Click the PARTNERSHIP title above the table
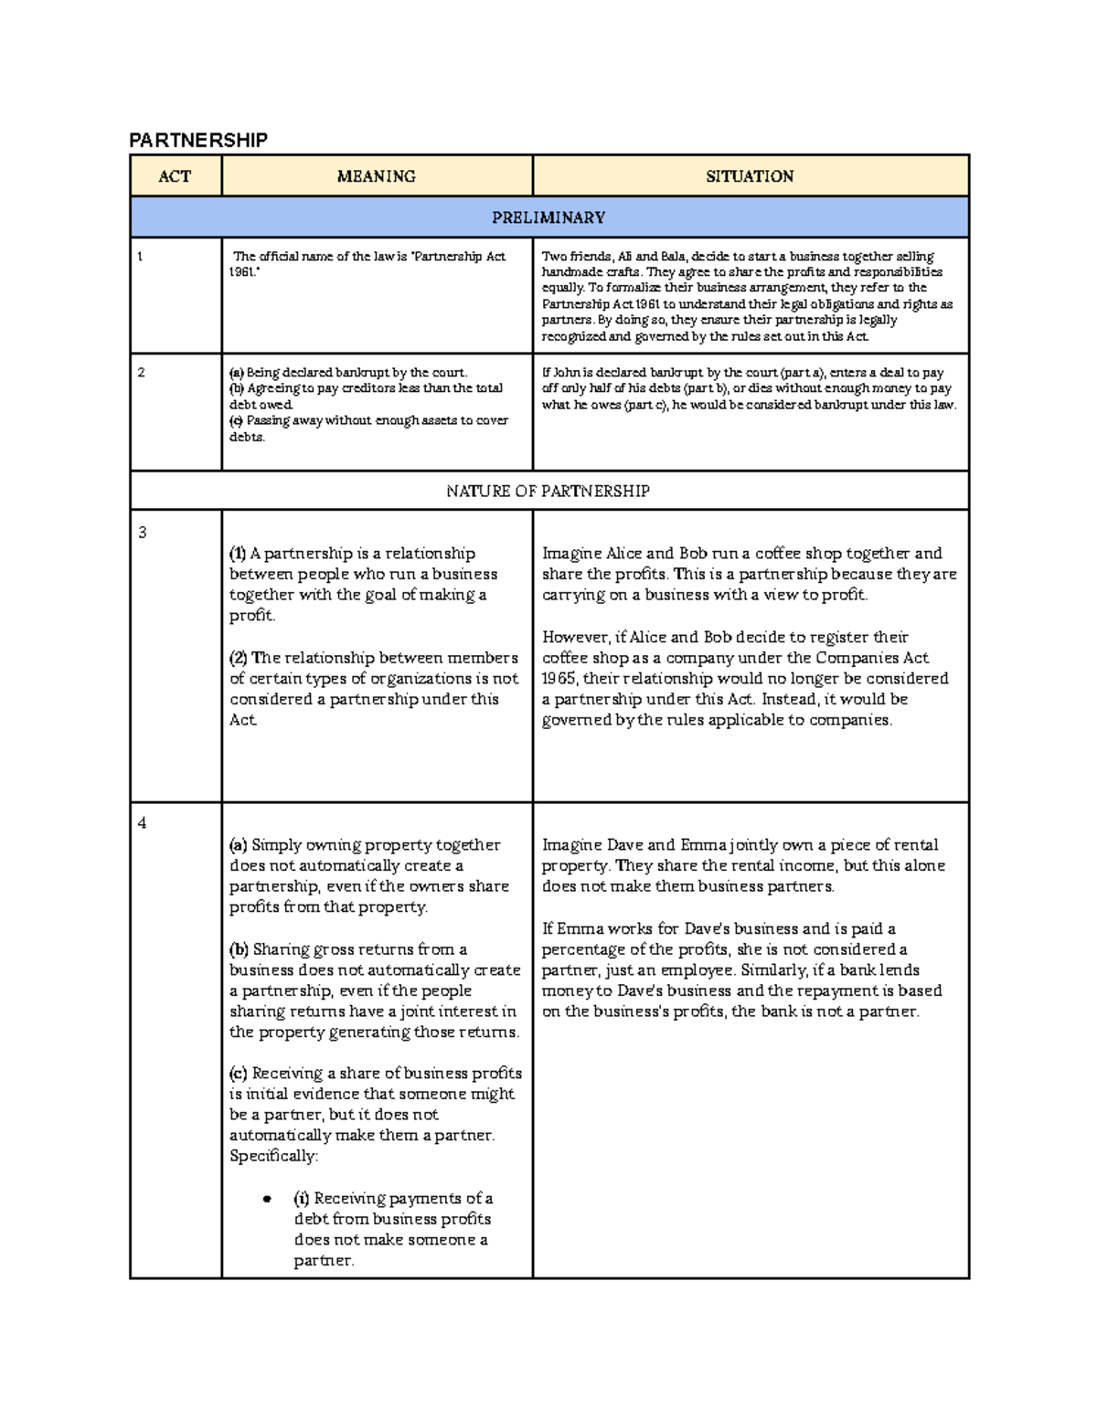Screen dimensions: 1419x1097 (x=198, y=140)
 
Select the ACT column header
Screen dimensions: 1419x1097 (x=175, y=176)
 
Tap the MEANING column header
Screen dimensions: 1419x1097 (x=376, y=176)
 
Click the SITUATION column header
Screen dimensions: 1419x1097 (x=750, y=176)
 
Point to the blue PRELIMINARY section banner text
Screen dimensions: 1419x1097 (x=548, y=217)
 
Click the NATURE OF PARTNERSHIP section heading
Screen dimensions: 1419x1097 (x=548, y=491)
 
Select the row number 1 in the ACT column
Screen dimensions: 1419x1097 (x=140, y=257)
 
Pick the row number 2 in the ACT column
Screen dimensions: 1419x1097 (x=141, y=373)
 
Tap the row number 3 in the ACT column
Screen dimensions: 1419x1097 (x=142, y=533)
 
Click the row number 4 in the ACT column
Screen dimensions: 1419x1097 (x=142, y=823)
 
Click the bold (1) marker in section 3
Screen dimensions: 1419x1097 (x=238, y=554)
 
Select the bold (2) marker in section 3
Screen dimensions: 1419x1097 (x=239, y=658)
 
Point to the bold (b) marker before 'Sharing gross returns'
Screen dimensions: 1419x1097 (x=240, y=949)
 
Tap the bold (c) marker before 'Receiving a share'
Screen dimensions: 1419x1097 (x=239, y=1074)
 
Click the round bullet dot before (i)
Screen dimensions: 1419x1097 (x=267, y=1199)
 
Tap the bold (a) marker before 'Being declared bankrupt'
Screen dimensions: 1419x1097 (x=236, y=373)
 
